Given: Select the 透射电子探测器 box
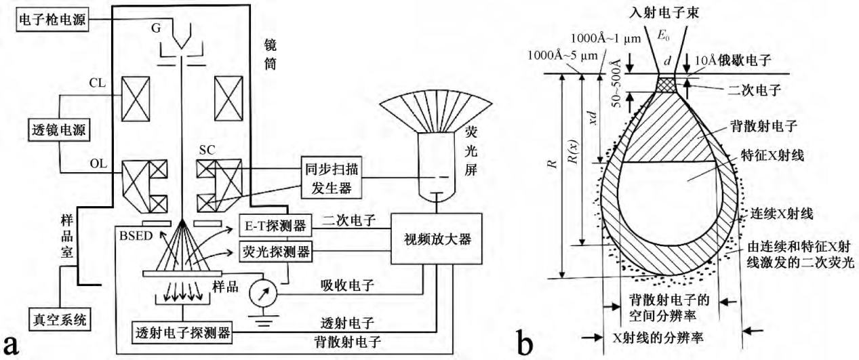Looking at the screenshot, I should tap(183, 334).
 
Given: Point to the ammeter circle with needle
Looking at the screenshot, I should tap(262, 295).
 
